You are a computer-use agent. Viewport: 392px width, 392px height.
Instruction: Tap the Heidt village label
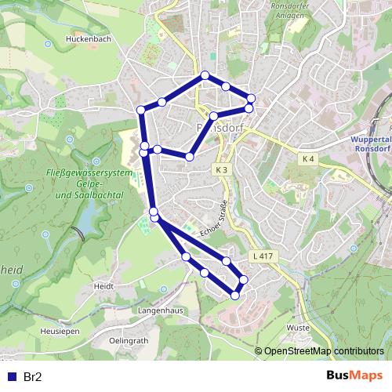(103, 288)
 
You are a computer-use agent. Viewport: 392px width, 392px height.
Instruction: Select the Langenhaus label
(161, 311)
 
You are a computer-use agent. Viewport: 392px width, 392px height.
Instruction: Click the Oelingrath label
(129, 341)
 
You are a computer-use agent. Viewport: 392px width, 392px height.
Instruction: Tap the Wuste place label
(299, 328)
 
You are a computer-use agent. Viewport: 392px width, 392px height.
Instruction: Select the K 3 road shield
(222, 169)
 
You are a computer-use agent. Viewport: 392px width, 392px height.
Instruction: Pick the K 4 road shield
(308, 159)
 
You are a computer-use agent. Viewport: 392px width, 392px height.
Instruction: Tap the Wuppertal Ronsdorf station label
(367, 144)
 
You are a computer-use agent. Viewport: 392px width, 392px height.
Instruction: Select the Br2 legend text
(32, 376)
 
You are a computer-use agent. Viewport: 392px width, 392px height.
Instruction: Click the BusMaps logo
(354, 376)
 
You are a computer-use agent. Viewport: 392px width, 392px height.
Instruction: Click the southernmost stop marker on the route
(235, 296)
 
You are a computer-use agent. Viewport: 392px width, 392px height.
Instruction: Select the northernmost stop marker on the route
(205, 75)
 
